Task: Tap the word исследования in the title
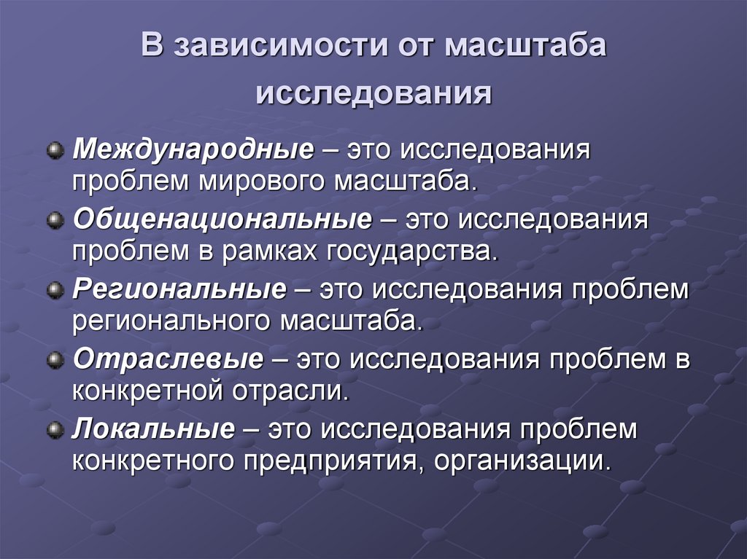coord(373,93)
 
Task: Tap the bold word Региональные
coord(179,291)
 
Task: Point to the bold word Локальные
coord(154,429)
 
